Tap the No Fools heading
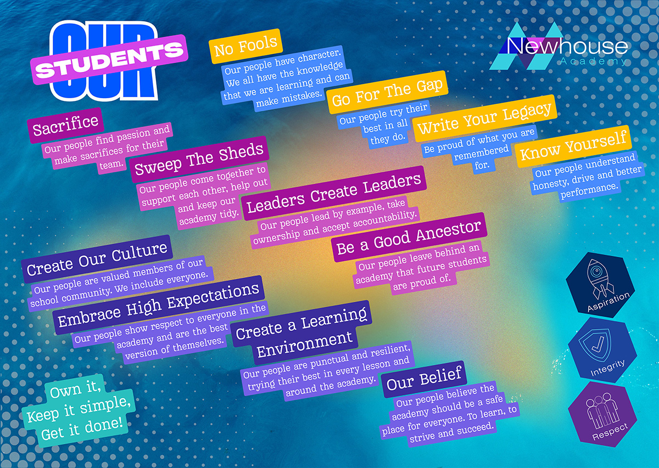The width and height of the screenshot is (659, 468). coord(245,46)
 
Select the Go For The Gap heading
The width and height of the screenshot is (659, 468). coord(387,92)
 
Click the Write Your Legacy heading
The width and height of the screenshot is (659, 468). coord(484,118)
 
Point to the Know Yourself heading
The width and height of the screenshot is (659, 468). coord(573,146)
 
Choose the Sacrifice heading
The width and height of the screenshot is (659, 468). coord(65,126)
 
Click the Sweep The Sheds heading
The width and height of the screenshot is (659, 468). coord(199,159)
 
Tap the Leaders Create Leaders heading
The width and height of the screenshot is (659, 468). coord(334,193)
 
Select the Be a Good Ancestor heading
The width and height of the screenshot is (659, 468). coord(409,237)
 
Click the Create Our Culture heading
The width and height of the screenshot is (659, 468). coord(97,259)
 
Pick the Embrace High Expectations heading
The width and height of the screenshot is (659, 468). coord(159,305)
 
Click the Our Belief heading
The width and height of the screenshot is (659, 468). coord(424,380)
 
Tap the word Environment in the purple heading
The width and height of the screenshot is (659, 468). coord(304,345)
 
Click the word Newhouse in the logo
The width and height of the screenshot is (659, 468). coord(567,47)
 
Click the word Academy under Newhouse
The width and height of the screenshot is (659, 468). coord(593,61)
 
